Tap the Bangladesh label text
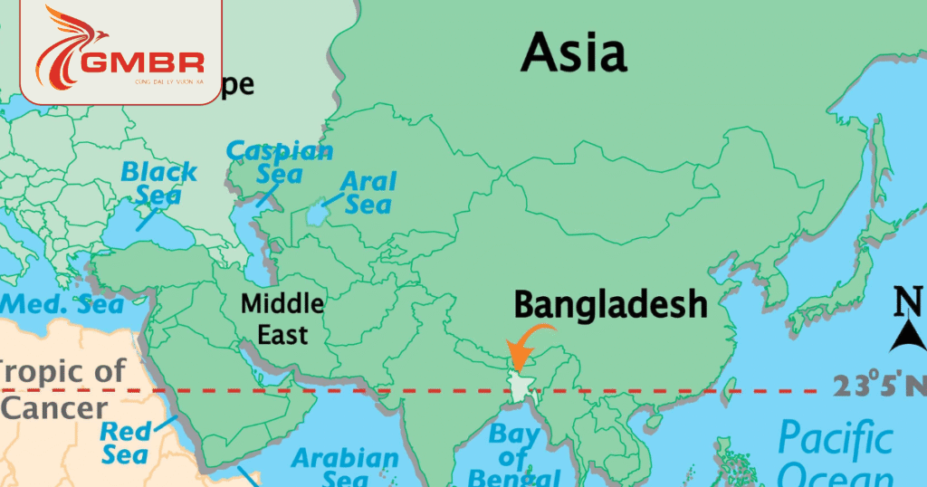point(610,305)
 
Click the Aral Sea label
point(368,192)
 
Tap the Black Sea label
point(159,182)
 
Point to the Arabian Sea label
point(344,467)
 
